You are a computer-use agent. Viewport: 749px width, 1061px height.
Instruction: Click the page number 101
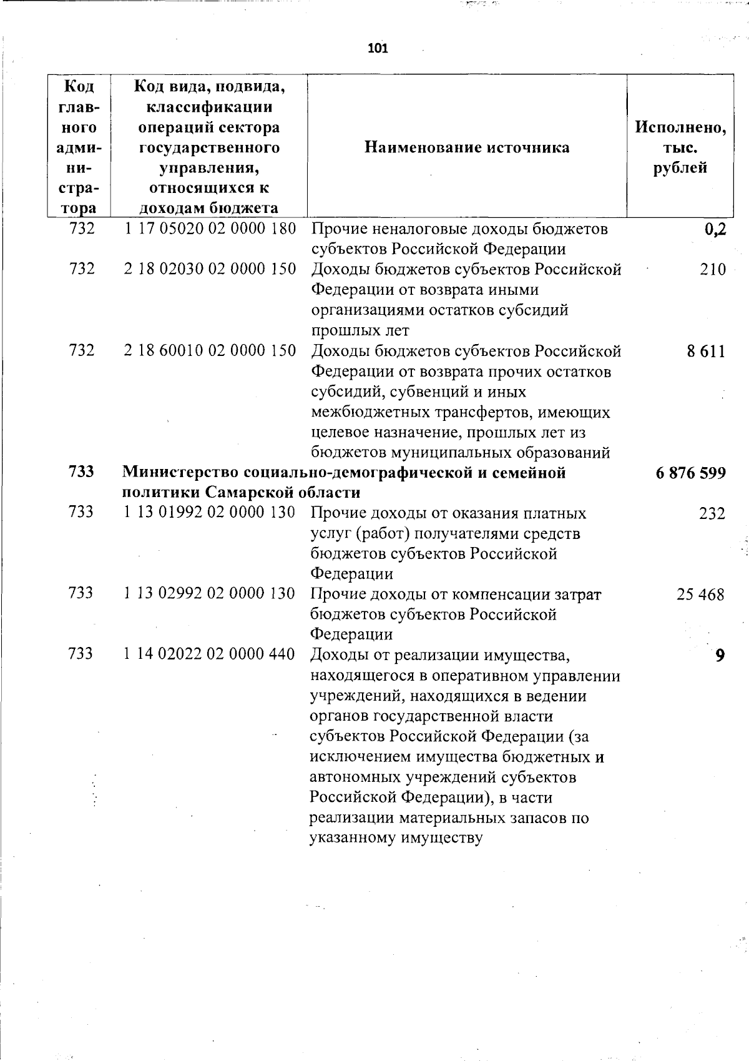(378, 48)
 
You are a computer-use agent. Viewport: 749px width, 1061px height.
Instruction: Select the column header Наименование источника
(466, 147)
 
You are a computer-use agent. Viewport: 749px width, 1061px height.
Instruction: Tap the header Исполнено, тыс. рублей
(680, 147)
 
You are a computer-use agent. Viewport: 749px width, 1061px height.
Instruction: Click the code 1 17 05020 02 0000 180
(210, 229)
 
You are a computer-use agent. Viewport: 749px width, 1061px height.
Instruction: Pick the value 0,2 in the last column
(715, 230)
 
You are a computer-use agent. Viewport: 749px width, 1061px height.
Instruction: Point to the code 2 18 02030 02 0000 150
(210, 269)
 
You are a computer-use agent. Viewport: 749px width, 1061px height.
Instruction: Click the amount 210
(713, 270)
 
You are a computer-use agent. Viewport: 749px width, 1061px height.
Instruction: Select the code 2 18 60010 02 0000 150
(210, 351)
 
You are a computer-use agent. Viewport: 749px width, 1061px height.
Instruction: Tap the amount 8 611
(707, 352)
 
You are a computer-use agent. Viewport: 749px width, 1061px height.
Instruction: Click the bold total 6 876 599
(691, 473)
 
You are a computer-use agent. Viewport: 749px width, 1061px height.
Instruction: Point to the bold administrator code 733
(81, 472)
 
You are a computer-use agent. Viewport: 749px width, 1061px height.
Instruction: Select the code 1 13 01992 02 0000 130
(209, 513)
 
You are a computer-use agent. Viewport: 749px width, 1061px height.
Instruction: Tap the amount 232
(712, 514)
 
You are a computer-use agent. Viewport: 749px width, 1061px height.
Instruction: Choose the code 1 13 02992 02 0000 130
(209, 593)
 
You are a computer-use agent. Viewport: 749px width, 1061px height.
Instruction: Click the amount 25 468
(701, 595)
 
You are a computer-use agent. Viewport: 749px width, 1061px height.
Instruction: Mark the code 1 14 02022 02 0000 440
(209, 654)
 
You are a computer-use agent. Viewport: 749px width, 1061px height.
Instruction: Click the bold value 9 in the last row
(720, 656)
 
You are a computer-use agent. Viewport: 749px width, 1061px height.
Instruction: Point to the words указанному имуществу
(396, 838)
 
